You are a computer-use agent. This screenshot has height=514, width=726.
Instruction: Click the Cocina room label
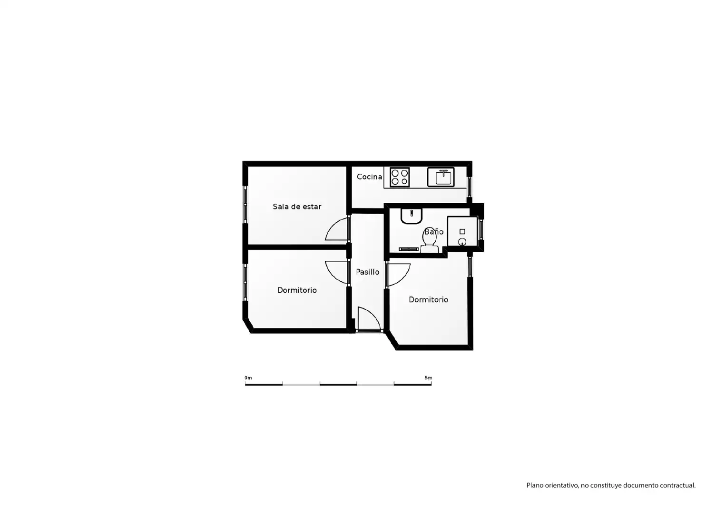pyautogui.click(x=369, y=177)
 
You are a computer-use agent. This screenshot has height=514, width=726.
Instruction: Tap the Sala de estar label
pyautogui.click(x=297, y=207)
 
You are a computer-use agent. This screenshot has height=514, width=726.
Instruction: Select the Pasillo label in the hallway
pyautogui.click(x=368, y=272)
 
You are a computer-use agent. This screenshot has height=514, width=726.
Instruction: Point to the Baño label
pyautogui.click(x=434, y=232)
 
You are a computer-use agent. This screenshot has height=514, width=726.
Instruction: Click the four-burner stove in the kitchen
pyautogui.click(x=400, y=178)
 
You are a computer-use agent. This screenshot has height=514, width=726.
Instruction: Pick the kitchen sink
pyautogui.click(x=441, y=177)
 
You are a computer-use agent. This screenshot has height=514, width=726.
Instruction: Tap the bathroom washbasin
pyautogui.click(x=412, y=216)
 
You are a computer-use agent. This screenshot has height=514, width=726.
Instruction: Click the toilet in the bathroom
pyautogui.click(x=429, y=240)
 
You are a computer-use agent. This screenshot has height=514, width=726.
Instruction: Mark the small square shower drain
pyautogui.click(x=462, y=232)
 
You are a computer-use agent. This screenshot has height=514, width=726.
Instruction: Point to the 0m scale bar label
pyautogui.click(x=248, y=378)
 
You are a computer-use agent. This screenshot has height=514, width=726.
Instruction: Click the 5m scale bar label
pyautogui.click(x=428, y=378)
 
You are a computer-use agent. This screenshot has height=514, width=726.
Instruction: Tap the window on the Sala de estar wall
pyautogui.click(x=245, y=204)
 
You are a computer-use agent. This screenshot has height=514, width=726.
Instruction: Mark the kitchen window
pyautogui.click(x=469, y=187)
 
